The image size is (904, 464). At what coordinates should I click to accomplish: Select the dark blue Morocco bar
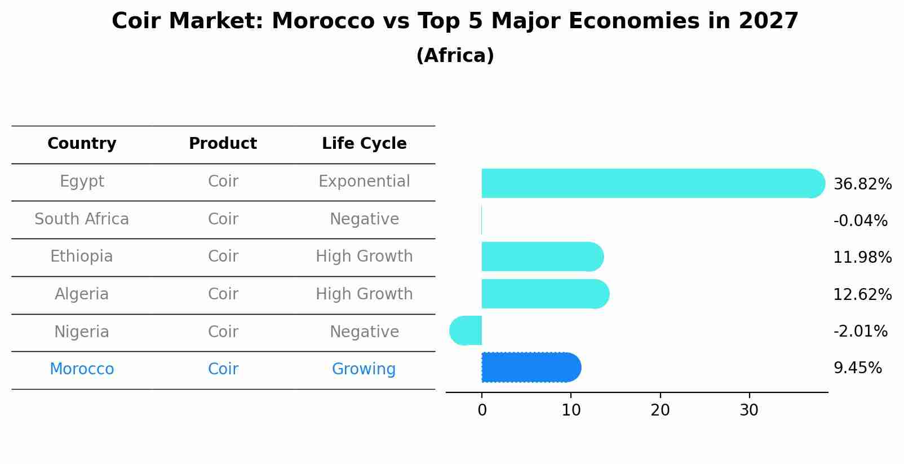click(x=530, y=368)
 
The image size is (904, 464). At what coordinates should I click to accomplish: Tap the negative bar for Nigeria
click(x=466, y=330)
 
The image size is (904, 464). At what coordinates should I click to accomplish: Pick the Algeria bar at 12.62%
click(x=544, y=294)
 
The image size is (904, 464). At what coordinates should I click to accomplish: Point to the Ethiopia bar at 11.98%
click(x=542, y=257)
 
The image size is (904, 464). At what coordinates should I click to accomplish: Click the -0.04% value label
click(x=860, y=220)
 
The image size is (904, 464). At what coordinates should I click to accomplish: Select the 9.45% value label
click(x=857, y=368)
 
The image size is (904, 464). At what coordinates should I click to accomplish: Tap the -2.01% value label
click(x=860, y=331)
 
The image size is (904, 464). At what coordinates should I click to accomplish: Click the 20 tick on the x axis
click(x=660, y=410)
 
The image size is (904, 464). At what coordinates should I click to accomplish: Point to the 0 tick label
click(x=482, y=410)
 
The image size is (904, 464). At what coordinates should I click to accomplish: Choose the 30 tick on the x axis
click(x=749, y=410)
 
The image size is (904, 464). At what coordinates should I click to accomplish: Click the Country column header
click(x=82, y=144)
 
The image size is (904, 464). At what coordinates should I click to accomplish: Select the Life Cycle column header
click(x=364, y=144)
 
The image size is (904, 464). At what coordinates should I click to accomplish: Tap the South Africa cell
click(x=82, y=219)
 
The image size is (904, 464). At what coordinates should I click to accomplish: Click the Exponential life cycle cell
click(x=364, y=182)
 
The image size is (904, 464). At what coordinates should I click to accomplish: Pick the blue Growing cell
click(x=364, y=369)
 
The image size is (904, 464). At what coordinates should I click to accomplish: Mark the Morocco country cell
click(x=82, y=369)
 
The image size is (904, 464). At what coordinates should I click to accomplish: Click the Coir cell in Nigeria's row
click(x=223, y=332)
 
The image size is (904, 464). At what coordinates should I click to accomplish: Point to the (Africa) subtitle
click(x=455, y=56)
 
